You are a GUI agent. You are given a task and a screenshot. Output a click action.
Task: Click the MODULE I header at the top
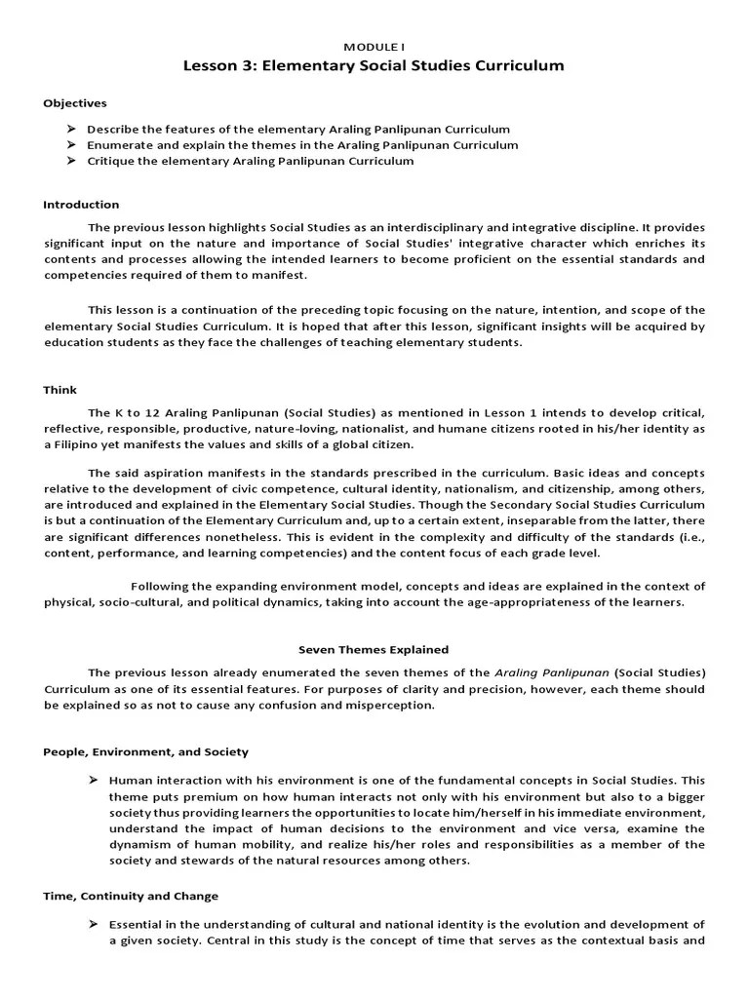click(x=374, y=47)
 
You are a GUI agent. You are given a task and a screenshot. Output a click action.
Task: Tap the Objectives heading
click(x=75, y=103)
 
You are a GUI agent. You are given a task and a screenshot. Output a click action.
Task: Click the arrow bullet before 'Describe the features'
click(x=71, y=129)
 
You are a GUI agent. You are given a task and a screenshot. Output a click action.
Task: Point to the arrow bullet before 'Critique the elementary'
click(x=71, y=161)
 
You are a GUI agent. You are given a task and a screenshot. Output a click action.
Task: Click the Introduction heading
click(x=81, y=205)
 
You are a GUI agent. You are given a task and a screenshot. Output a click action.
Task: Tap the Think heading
click(x=59, y=390)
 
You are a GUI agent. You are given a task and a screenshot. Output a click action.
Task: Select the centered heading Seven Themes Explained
click(x=374, y=649)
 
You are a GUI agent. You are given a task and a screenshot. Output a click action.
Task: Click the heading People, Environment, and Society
click(x=145, y=751)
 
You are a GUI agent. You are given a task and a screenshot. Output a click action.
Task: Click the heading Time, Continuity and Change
click(x=131, y=896)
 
